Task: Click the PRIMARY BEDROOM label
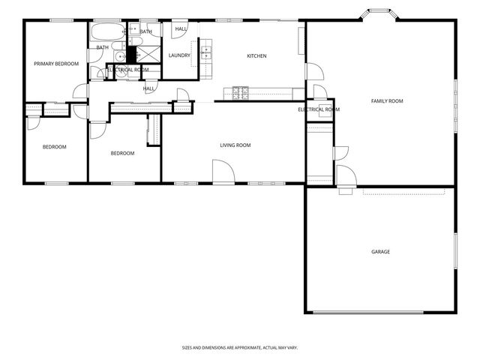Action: (56, 64)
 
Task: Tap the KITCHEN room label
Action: (257, 56)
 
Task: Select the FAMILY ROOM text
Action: (387, 100)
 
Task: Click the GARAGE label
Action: (380, 251)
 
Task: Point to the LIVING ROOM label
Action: (235, 145)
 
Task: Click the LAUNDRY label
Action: (179, 55)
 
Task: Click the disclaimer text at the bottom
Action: (240, 347)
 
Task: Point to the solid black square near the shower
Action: (130, 54)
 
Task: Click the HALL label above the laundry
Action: (181, 29)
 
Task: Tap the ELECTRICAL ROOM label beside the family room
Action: (319, 109)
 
